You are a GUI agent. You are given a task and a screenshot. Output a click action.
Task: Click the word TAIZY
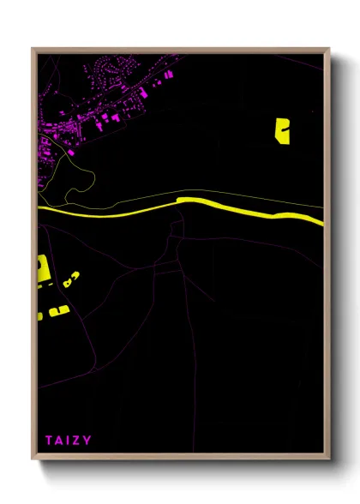coord(69,441)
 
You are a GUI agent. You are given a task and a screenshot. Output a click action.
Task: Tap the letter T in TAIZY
coord(49,441)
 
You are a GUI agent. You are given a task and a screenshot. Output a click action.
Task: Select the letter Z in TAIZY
coord(78,441)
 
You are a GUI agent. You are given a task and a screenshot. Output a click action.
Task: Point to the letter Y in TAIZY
coord(88,441)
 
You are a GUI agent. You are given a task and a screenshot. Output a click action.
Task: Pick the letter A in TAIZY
coord(59,441)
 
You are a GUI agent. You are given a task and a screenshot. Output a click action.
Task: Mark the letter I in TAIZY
coord(69,441)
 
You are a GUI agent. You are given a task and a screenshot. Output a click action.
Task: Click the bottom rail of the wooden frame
coord(180,459)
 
